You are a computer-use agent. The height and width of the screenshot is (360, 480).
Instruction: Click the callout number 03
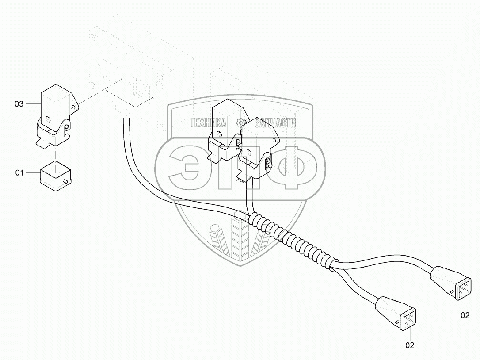point(19,104)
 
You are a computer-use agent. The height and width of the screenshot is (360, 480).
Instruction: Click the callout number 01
point(19,173)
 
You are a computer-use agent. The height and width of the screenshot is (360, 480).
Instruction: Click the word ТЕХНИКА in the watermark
point(208,123)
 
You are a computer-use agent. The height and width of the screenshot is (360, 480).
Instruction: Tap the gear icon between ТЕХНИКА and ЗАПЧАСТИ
point(240,123)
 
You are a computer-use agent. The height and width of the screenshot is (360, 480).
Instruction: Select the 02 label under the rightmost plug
point(465,315)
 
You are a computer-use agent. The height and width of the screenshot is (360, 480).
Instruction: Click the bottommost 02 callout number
point(410,345)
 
